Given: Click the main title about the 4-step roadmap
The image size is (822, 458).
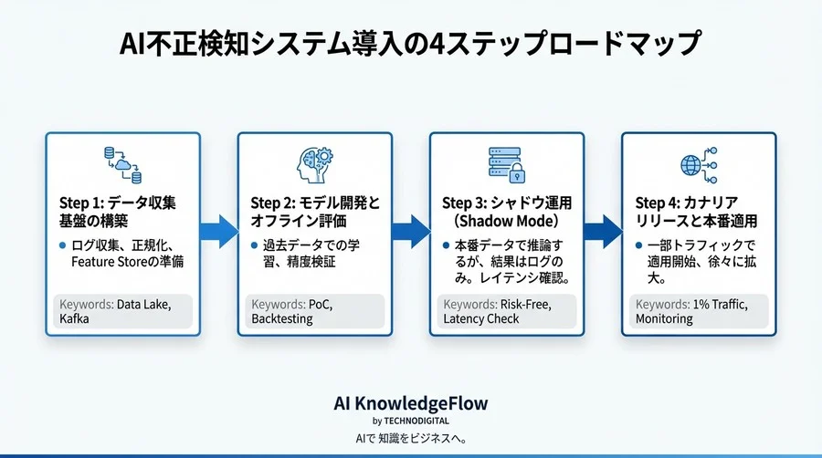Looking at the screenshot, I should (x=410, y=43).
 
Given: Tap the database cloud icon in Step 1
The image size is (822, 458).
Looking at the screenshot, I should (x=122, y=165).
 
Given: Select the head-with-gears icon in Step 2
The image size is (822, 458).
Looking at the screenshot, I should (x=314, y=165).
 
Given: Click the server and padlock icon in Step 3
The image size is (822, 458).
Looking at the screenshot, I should (x=506, y=165).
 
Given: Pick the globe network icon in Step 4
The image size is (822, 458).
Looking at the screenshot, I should (x=699, y=165).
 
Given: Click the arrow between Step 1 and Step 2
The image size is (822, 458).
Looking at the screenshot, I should (x=218, y=232).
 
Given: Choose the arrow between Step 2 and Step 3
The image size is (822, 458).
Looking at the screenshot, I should (x=410, y=232).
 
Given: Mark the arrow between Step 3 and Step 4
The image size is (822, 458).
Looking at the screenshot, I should (x=603, y=232).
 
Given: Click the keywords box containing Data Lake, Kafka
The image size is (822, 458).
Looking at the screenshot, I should (x=122, y=311).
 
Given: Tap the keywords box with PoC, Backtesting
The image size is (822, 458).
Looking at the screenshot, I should (x=314, y=311).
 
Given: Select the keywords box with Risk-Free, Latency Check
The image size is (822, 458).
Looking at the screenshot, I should (x=506, y=311).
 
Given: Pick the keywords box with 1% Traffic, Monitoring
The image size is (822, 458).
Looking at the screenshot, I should (x=699, y=311).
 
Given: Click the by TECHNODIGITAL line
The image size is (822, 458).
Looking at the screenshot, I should (x=410, y=421).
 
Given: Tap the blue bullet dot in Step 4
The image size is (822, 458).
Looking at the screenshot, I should (x=638, y=245).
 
